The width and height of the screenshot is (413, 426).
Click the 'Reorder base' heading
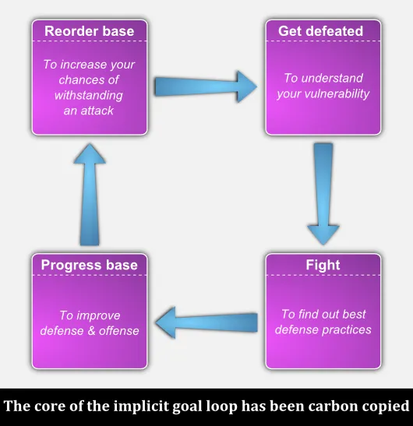point(89,31)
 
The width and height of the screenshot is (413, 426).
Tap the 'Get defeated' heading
point(320,31)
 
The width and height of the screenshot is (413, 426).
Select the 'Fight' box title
point(323,265)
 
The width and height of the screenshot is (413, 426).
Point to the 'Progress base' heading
point(89,265)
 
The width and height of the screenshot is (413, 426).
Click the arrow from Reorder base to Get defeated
point(206,86)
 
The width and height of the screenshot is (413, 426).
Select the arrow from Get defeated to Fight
point(323,194)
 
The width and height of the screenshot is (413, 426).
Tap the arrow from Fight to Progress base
point(206,322)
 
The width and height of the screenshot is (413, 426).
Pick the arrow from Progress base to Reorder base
point(90,194)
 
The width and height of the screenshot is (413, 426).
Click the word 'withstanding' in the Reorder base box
point(89,95)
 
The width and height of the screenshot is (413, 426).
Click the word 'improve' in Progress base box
point(98,315)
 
